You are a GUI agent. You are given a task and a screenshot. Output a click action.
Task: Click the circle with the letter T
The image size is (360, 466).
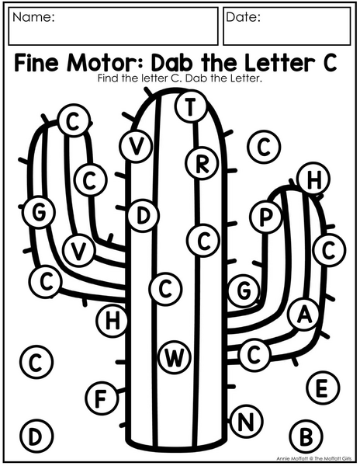[191, 106]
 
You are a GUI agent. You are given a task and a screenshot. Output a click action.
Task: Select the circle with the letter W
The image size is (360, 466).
[175, 357]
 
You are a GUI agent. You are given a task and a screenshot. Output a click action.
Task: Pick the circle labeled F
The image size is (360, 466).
[102, 398]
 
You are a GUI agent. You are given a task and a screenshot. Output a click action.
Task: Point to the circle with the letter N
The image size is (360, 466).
[246, 422]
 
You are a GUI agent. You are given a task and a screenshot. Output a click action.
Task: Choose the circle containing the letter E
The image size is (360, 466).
[323, 388]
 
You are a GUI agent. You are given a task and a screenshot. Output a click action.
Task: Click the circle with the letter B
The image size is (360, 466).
[306, 436]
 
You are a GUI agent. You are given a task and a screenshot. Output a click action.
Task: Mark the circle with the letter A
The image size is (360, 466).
[304, 314]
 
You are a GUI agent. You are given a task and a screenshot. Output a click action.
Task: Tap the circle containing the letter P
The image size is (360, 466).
[265, 217]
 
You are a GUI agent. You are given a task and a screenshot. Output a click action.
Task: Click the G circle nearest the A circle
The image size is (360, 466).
[244, 290]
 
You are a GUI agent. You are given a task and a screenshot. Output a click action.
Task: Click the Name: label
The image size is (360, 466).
[33, 17]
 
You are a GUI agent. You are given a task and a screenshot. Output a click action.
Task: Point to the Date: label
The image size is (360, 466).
[243, 17]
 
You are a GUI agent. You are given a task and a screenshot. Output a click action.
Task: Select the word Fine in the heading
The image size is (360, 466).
[36, 62]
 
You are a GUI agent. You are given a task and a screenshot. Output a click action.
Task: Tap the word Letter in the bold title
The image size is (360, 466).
[280, 62]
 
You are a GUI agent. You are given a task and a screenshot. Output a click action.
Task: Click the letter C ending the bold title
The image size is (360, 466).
[330, 62]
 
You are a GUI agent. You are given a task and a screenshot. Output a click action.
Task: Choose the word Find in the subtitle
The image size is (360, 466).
[107, 78]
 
